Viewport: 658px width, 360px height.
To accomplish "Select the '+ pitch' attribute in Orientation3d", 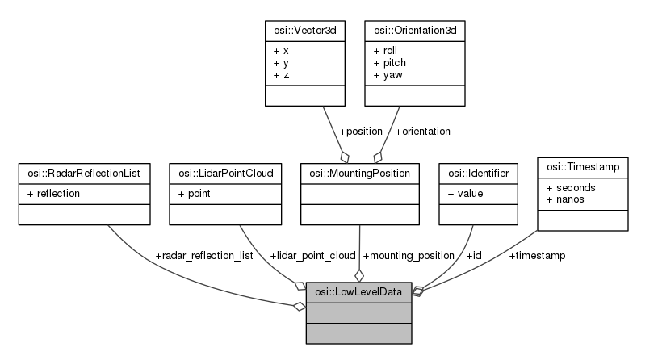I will pos(392,61).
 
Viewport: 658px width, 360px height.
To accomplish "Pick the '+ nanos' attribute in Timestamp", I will pos(566,199).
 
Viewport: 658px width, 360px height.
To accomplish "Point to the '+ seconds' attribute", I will pos(572,187).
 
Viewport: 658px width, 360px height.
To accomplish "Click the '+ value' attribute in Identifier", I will pos(464,193).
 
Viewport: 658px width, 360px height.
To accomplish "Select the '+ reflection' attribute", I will pos(52,193).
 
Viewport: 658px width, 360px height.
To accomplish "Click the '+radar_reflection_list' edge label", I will pos(204,255).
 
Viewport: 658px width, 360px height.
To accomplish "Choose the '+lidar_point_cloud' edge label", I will pos(314,255).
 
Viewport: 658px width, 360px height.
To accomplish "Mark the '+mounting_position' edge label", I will pos(409,255).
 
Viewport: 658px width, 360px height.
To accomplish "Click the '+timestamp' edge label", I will pos(537,255).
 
